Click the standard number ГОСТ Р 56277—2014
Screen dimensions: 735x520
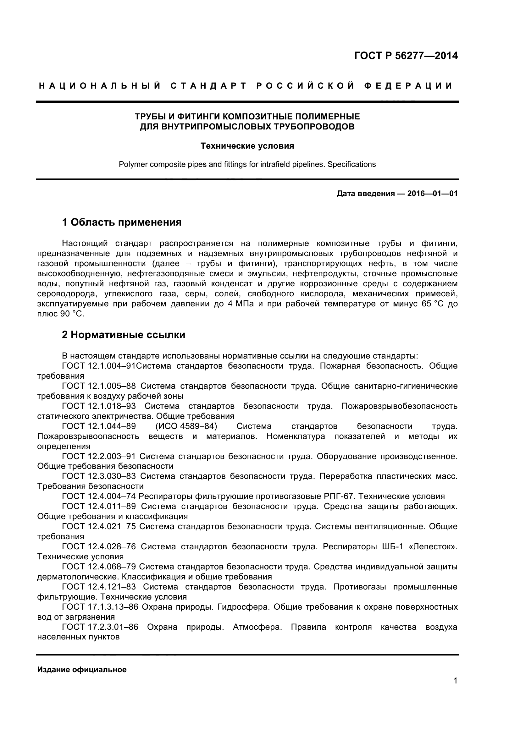tap(406, 56)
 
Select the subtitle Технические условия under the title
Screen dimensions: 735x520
tap(247, 146)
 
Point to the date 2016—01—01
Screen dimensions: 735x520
tap(432, 194)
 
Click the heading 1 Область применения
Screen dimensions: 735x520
tap(122, 222)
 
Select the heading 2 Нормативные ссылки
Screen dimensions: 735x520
tap(124, 335)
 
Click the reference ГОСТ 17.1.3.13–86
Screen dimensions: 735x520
tap(100, 607)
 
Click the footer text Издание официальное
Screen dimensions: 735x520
tap(82, 670)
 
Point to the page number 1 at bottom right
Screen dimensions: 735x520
tap(455, 689)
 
